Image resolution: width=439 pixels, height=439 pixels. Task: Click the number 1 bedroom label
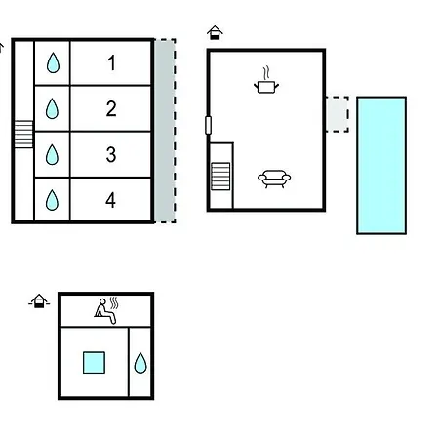point(111,62)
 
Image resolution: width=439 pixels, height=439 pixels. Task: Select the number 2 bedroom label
point(111,108)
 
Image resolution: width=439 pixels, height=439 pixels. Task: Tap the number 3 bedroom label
point(111,154)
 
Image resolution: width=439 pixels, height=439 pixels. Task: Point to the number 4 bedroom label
point(110,200)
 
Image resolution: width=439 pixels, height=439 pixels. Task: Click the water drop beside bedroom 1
point(53,62)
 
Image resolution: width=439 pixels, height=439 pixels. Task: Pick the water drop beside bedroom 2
point(52,108)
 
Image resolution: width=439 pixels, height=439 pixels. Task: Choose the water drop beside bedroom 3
point(52,154)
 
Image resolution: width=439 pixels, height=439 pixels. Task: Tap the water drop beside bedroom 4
point(52,200)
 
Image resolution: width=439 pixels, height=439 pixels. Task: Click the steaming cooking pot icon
point(266,80)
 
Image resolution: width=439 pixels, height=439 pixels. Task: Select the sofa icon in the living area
point(274,179)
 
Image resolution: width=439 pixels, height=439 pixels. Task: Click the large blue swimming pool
point(381,165)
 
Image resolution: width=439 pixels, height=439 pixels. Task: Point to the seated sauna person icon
point(106,311)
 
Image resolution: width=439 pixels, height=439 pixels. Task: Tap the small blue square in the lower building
point(94,363)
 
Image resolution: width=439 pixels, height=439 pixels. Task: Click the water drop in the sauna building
point(140,363)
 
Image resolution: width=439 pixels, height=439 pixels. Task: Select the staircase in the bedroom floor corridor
point(23,134)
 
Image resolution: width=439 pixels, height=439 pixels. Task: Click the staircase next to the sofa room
point(220,177)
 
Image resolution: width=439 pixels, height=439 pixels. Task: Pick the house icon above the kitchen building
point(215,32)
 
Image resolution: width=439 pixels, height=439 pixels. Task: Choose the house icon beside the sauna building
point(39,300)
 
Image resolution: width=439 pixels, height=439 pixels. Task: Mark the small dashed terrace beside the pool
point(338,114)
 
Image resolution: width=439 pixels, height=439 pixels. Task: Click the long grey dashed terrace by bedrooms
point(165,131)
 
